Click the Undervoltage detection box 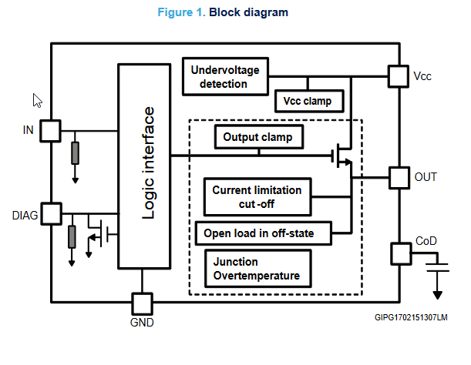tap(224, 77)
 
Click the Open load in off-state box tap(264, 231)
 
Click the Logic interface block tap(143, 165)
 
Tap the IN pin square tap(50, 130)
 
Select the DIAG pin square tap(50, 213)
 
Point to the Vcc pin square tap(398, 75)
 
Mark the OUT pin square tap(399, 177)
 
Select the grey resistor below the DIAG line tap(72, 236)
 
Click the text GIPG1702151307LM tap(412, 317)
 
